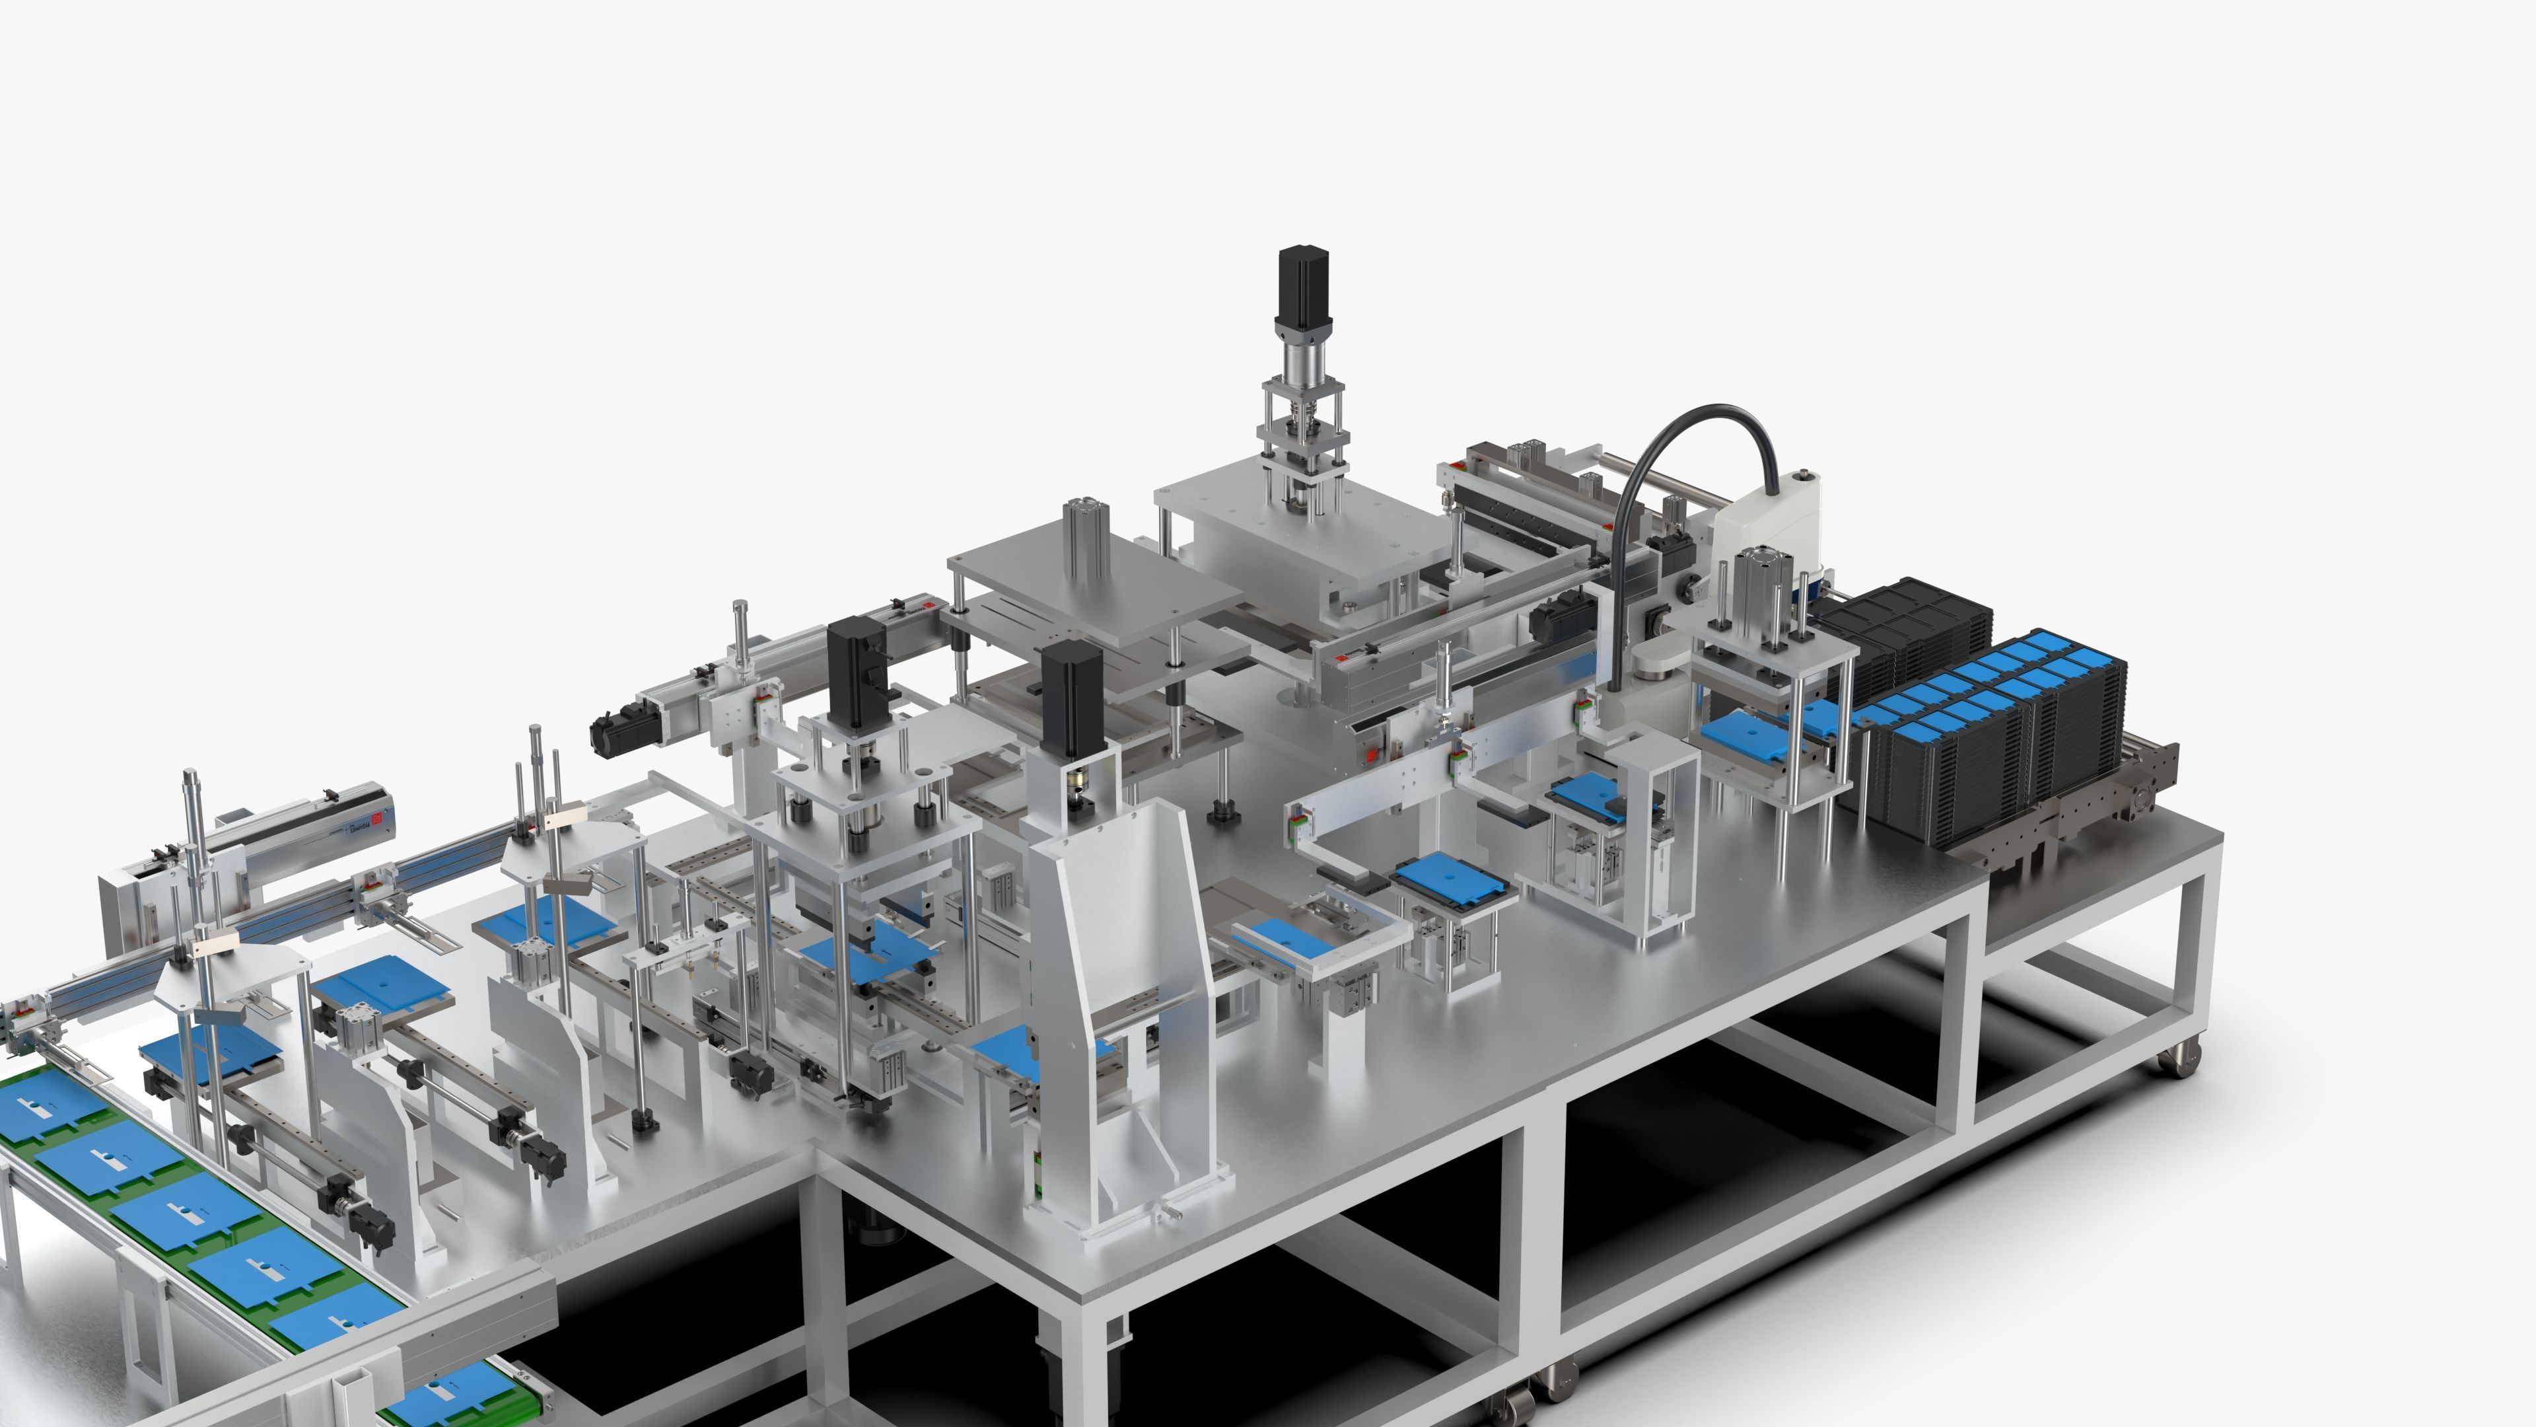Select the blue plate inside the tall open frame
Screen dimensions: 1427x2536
coord(1590,793)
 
